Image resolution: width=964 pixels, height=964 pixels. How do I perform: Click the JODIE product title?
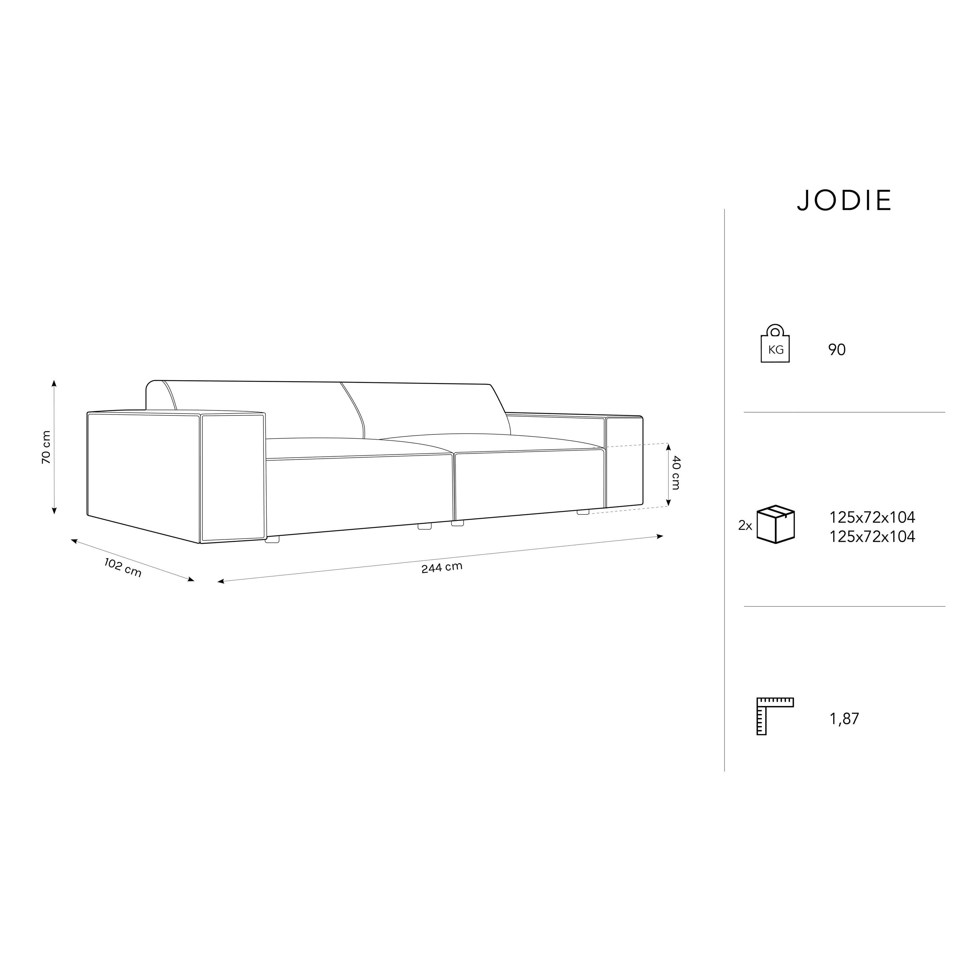(844, 201)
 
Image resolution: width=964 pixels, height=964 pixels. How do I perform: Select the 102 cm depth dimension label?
(123, 567)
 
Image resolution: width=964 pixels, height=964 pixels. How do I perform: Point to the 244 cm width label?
(442, 567)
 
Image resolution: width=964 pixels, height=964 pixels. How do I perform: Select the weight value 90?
(837, 350)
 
